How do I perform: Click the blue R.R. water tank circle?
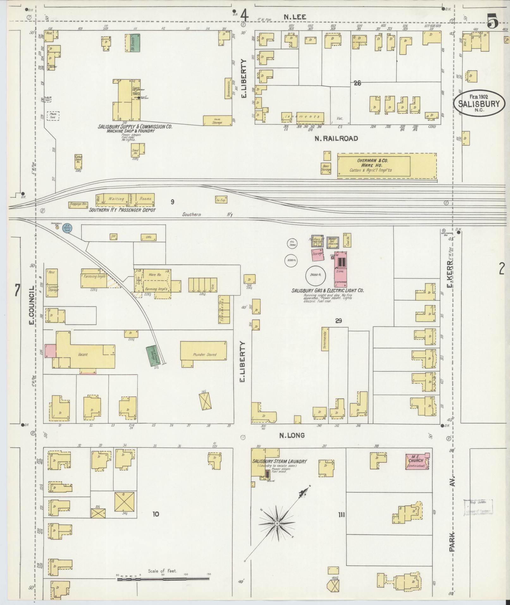click(67, 228)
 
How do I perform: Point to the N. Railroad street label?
click(336, 139)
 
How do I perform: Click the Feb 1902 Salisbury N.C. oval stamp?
click(479, 103)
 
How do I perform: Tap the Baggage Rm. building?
click(78, 205)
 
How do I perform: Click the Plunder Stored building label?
click(205, 355)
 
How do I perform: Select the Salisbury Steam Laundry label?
click(280, 461)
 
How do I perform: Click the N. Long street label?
click(292, 435)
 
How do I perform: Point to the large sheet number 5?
click(492, 22)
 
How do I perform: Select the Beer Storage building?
click(326, 168)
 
